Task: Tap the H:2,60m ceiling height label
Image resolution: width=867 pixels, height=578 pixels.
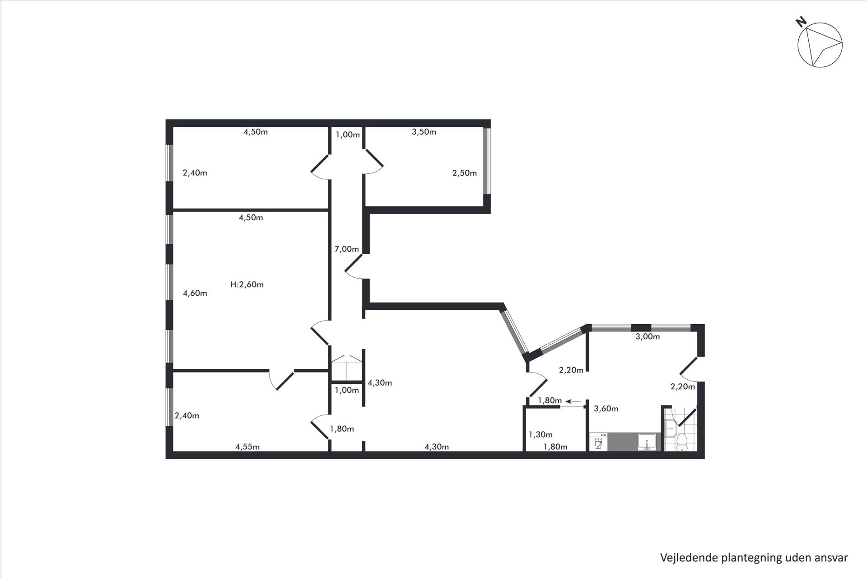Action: (247, 284)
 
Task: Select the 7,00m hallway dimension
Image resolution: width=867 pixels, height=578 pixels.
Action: (346, 249)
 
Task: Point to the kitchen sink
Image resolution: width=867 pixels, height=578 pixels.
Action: (648, 442)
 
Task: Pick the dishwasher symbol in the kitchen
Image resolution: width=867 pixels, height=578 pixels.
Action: (599, 442)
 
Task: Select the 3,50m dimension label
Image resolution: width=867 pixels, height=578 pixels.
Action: (424, 132)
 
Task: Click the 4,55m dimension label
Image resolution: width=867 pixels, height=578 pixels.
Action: (247, 447)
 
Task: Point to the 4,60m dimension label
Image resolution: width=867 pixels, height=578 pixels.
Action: (195, 293)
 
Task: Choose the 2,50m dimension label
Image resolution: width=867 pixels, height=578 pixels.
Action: (465, 173)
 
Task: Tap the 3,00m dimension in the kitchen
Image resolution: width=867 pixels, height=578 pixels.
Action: (648, 337)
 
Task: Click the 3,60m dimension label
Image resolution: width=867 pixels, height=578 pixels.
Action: (606, 409)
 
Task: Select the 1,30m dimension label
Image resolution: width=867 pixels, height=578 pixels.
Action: (541, 435)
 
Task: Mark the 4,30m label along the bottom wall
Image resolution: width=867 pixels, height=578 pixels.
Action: (437, 447)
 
